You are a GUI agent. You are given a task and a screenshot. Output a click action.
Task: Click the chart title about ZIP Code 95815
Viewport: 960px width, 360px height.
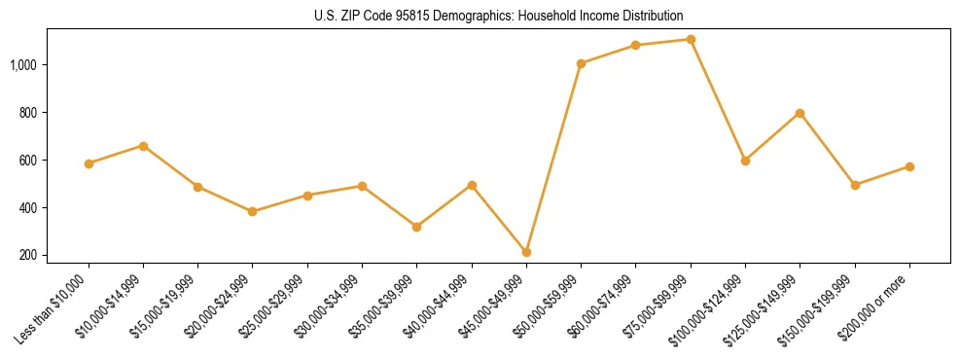point(499,16)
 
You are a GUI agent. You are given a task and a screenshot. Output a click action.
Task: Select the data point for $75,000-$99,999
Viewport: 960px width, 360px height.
point(691,39)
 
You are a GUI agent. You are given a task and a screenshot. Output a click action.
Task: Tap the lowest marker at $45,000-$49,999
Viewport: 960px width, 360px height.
point(526,252)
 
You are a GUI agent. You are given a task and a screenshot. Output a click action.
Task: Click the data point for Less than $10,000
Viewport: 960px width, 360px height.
point(89,163)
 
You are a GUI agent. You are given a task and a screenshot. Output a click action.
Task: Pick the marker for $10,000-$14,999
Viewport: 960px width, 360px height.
point(143,146)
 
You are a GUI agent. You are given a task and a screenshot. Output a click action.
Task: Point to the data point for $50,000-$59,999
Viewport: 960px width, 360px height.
point(581,63)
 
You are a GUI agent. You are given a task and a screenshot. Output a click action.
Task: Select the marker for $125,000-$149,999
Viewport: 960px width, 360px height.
point(800,113)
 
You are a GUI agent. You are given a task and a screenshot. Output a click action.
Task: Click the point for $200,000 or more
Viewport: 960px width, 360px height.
point(909,166)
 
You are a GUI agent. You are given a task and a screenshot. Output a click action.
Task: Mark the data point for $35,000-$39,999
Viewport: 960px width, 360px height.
point(416,227)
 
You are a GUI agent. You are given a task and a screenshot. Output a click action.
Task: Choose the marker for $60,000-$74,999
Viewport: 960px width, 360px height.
point(635,45)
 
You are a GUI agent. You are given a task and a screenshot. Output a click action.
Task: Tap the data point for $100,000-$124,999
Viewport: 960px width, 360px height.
point(745,161)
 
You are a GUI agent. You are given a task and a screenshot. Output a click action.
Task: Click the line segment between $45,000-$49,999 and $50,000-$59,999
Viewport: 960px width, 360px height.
point(553,158)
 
